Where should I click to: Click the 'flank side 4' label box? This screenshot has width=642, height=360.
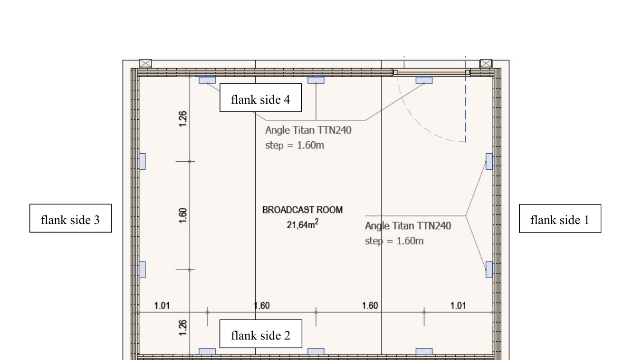[x=260, y=98]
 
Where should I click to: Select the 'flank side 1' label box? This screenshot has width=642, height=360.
[x=560, y=219]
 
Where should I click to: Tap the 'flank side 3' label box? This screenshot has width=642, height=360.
[x=70, y=218]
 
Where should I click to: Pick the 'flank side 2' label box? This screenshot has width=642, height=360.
[x=261, y=334]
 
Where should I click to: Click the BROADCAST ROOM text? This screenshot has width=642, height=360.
[x=302, y=210]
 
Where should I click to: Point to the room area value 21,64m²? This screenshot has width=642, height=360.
[x=302, y=224]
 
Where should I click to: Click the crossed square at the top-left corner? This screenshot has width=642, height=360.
[x=145, y=63]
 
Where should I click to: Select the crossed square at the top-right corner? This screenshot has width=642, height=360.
[x=486, y=63]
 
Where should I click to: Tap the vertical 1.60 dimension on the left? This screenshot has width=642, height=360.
[x=182, y=215]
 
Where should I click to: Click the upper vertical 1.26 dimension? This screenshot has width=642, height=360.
[x=182, y=119]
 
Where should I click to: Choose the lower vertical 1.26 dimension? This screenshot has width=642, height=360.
[x=182, y=328]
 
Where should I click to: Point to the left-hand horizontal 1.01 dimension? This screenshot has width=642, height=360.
[x=162, y=306]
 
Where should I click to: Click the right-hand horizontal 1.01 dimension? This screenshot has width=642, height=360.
[x=458, y=306]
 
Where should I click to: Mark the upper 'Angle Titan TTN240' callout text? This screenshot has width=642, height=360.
[x=308, y=130]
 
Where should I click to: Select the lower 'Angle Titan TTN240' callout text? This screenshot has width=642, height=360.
[x=408, y=226]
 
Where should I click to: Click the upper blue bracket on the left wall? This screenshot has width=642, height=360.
[x=142, y=162]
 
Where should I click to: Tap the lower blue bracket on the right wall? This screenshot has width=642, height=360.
[x=489, y=270]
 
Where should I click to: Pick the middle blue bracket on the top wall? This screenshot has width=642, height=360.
[x=316, y=80]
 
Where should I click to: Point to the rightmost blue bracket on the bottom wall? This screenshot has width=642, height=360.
[x=424, y=352]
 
